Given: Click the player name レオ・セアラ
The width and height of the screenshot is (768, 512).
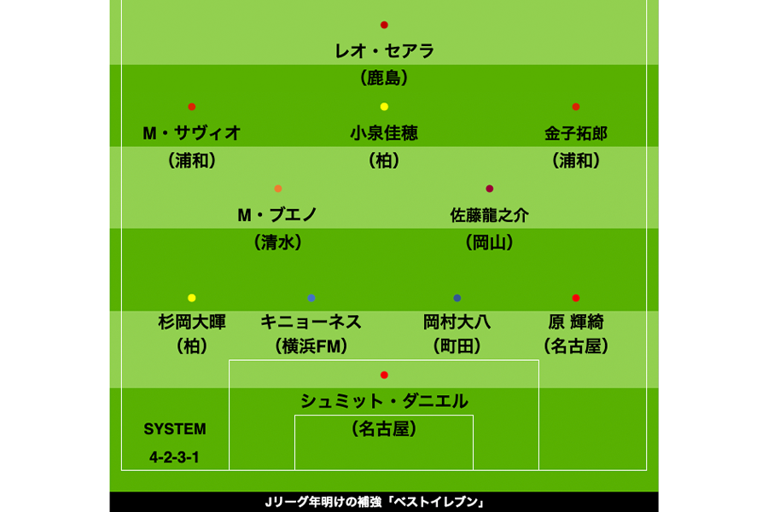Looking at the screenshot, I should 384,51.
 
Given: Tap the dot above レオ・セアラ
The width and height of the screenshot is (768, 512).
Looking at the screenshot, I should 384,25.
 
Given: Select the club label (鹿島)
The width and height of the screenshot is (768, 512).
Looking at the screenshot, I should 384,79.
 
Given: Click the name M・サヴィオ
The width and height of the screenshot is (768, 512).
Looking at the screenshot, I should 191,133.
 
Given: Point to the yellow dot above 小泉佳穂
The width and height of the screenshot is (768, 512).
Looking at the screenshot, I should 384,107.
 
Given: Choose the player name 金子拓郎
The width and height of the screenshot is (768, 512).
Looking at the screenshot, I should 576,133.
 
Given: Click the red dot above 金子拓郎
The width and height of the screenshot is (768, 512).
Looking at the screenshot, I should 576,107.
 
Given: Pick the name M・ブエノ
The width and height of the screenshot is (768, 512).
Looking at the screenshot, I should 277,215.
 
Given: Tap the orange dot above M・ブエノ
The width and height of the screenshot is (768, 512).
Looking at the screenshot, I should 278,189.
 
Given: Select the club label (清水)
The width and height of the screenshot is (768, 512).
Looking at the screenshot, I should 277,242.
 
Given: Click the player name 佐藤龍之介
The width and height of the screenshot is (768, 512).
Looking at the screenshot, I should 490,215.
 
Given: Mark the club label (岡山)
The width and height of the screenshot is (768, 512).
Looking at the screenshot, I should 490,242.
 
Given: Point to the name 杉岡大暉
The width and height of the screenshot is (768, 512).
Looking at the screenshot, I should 191,322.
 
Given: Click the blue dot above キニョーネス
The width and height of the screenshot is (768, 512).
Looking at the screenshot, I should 311,298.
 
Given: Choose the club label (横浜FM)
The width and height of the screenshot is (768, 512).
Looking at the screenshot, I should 311,346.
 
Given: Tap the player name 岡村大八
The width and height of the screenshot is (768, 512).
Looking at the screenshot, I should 457,322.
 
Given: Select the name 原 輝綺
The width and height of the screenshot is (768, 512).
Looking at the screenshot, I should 576,322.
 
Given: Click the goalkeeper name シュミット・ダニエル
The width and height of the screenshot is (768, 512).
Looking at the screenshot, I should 384,401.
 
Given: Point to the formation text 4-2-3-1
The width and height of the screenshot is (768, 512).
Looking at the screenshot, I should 175,457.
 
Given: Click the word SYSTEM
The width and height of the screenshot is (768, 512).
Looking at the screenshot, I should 175,429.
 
